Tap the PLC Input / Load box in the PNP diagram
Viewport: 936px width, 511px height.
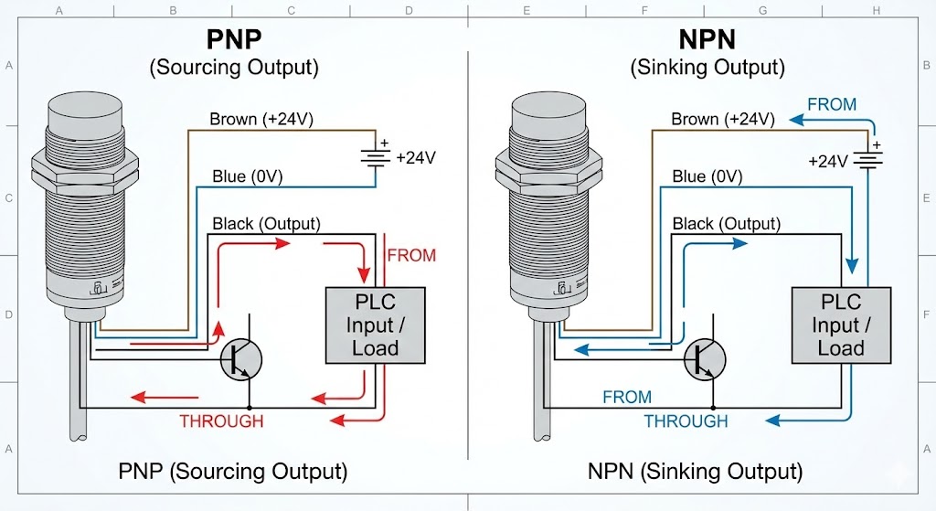point(375,325)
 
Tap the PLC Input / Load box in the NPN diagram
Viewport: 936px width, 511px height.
point(840,325)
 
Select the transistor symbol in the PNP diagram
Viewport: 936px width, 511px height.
point(241,358)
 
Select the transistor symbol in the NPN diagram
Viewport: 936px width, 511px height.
point(705,358)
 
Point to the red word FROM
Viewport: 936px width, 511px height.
point(411,255)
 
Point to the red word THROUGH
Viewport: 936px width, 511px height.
point(221,421)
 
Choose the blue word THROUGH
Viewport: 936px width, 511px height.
point(686,421)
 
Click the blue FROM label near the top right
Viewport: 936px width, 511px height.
point(831,104)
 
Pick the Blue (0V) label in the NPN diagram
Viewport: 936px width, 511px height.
point(707,176)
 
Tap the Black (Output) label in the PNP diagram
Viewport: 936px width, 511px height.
point(266,224)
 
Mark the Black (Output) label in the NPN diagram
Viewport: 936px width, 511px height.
point(726,224)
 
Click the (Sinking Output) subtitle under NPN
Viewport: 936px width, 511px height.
point(707,67)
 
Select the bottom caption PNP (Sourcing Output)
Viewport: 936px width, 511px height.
point(232,472)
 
